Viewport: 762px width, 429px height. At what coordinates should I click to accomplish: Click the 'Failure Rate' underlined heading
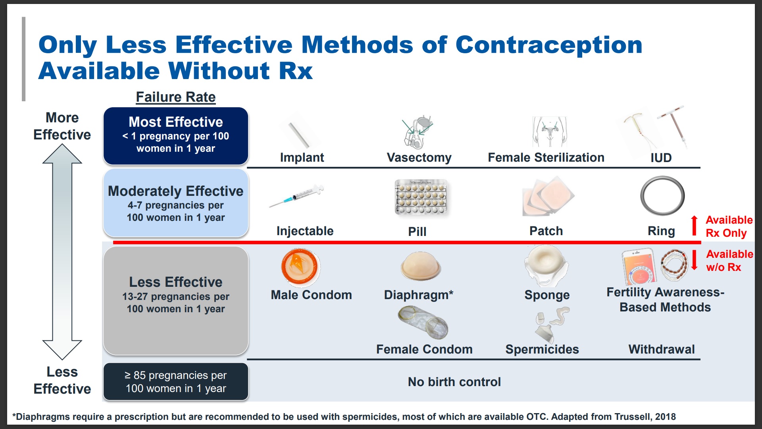[175, 97]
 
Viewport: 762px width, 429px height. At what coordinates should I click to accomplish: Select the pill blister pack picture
[421, 197]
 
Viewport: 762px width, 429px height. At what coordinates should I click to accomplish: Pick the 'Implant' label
[302, 158]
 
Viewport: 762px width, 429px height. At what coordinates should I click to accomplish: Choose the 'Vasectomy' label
[419, 158]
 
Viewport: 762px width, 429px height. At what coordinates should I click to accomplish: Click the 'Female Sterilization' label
[546, 158]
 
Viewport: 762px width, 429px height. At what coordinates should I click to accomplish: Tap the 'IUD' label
[661, 158]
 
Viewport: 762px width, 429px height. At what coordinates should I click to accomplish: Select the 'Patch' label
[546, 231]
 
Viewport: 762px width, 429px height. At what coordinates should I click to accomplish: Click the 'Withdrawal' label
[662, 349]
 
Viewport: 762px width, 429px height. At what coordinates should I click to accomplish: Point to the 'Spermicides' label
[542, 349]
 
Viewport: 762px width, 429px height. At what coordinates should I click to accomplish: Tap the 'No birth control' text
[454, 382]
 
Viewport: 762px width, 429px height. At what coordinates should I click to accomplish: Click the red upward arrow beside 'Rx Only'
[694, 226]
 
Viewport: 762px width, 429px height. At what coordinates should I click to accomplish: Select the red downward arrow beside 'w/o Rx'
[695, 260]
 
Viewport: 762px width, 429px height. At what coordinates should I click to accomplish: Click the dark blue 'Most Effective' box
[175, 135]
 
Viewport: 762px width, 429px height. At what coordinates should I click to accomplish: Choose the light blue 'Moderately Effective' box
[175, 203]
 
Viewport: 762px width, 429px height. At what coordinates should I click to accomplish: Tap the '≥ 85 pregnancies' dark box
[175, 382]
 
